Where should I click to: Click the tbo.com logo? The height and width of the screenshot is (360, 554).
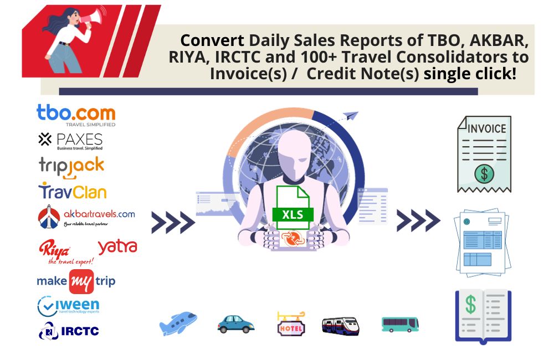pos(76,115)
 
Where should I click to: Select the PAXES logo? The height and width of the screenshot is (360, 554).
pos(70,141)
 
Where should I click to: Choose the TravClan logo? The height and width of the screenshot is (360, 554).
pos(72,191)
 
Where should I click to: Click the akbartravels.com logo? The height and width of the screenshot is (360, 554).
pos(86,216)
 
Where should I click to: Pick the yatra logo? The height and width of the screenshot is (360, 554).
pos(117,246)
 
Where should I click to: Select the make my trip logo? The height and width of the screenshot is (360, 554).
pos(76,281)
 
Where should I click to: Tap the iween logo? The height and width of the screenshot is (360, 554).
pos(68,306)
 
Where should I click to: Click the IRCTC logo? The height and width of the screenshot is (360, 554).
pos(69,331)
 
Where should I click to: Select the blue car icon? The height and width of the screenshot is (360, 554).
pos(235,323)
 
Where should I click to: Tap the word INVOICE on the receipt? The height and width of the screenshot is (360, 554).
pos(487,128)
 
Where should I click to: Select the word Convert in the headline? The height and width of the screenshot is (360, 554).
pos(212,41)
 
